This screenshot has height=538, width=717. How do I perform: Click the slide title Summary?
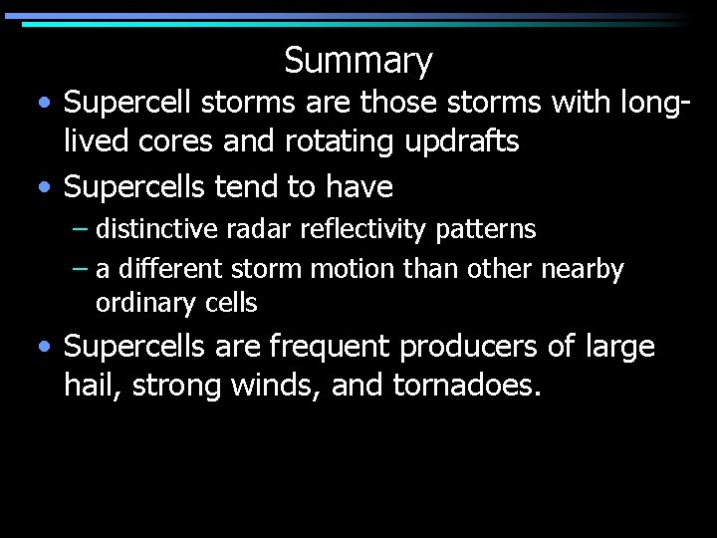(358, 61)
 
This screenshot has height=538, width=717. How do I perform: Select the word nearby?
(584, 269)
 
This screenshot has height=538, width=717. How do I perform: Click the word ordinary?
(139, 302)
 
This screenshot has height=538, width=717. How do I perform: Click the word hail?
(91, 384)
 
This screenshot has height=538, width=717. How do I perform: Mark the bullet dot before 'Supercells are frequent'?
(47, 348)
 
